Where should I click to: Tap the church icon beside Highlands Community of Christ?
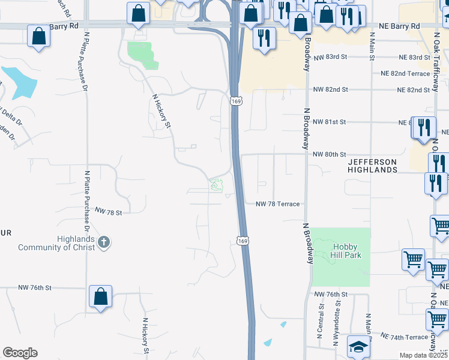pos(104,242)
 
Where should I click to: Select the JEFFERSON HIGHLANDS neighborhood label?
pos(372,166)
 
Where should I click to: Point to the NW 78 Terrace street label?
pos(277,204)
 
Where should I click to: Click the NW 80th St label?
pos(330,154)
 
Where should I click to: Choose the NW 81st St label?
pos(330,122)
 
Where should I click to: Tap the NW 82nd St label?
pos(330,89)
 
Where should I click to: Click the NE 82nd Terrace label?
pos(405,73)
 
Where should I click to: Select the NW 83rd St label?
pos(330,57)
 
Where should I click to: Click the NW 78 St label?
pos(108,212)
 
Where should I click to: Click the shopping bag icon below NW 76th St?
pos(100,296)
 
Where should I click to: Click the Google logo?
pos(20,353)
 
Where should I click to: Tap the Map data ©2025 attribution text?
pos(423,355)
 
